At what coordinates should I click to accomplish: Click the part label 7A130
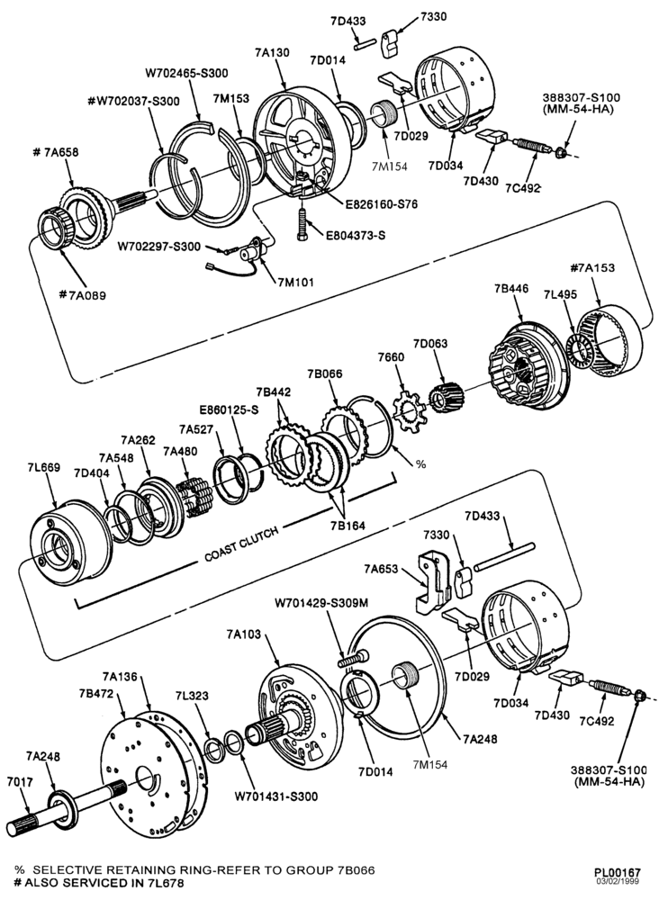pyautogui.click(x=272, y=53)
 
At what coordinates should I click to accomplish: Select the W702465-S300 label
pyautogui.click(x=186, y=74)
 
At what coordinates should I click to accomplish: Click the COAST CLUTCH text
pyautogui.click(x=241, y=544)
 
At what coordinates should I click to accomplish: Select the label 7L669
pyautogui.click(x=43, y=468)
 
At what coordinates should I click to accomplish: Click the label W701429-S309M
pyautogui.click(x=321, y=603)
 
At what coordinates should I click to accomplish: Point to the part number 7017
pyautogui.click(x=20, y=782)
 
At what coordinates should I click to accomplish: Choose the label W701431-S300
pyautogui.click(x=276, y=796)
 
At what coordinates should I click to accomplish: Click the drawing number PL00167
pyautogui.click(x=618, y=872)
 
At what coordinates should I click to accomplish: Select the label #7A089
pyautogui.click(x=83, y=295)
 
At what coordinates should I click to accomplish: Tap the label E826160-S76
pyautogui.click(x=381, y=204)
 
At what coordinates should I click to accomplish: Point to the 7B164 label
pyautogui.click(x=348, y=526)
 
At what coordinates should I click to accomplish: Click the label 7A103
pyautogui.click(x=243, y=634)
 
